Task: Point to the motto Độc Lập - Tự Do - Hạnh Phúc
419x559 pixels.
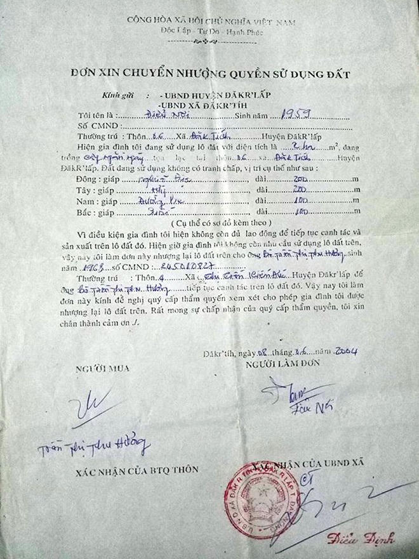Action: point(210,31)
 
